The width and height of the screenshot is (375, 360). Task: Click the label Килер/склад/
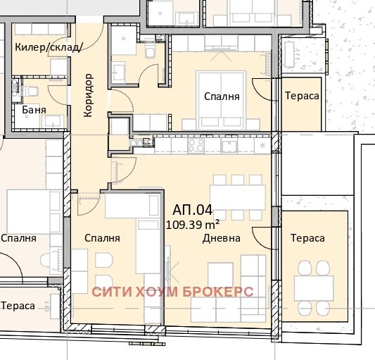point(49,47)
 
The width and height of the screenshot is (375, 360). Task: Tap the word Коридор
point(88,95)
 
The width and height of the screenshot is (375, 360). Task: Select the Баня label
point(34,110)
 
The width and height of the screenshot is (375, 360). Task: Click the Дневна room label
point(222,238)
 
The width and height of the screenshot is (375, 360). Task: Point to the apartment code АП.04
point(193,210)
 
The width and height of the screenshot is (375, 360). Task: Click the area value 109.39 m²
point(193,225)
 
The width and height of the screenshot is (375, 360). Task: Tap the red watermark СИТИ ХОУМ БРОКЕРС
point(172,292)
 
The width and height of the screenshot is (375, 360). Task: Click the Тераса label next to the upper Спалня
point(302,96)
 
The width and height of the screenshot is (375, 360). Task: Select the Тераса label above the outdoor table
point(307,238)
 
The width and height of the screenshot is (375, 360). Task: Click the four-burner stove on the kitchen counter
point(196,145)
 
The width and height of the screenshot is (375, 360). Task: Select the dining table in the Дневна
point(238,197)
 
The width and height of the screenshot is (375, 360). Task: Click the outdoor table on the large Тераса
point(314,288)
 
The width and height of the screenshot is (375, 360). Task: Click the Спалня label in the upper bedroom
point(222,97)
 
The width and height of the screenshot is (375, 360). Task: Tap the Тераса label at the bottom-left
point(18,306)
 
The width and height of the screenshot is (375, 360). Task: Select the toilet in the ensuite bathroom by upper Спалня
point(150,49)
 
